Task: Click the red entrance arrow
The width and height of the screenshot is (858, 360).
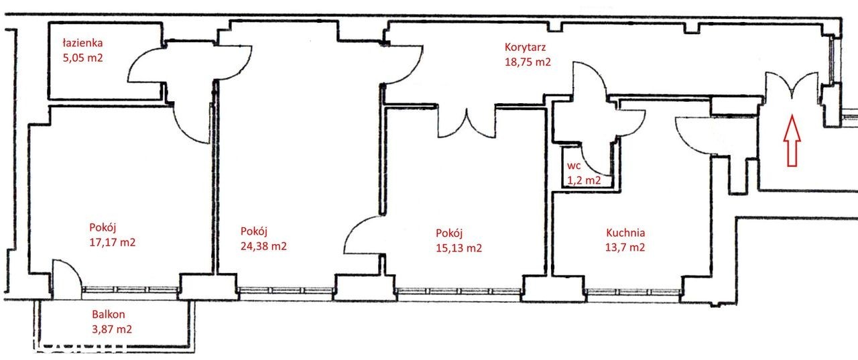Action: point(792,141)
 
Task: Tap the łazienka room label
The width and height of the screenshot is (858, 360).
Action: point(82,42)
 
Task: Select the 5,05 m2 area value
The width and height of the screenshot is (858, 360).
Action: point(82,58)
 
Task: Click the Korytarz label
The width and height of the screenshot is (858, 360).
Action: point(525,47)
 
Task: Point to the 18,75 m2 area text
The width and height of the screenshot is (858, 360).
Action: point(528,62)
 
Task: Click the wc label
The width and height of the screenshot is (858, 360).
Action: point(574,166)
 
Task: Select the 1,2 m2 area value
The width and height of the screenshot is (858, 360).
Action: point(584,180)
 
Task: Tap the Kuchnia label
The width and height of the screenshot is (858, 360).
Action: point(625,233)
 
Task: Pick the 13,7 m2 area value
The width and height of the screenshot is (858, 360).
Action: point(625,247)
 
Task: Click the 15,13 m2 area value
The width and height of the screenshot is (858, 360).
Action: point(458,248)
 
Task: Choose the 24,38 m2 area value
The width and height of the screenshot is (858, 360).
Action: point(263,246)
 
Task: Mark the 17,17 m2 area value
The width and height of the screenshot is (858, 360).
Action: point(112,242)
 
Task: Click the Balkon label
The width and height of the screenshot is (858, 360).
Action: point(109,314)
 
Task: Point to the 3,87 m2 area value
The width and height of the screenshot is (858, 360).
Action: point(112,329)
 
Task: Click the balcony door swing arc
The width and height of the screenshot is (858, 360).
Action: point(74,268)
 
